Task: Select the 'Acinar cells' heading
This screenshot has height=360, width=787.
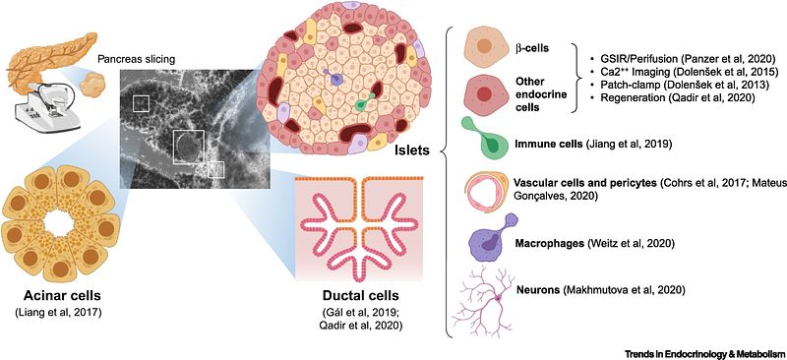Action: coord(58,298)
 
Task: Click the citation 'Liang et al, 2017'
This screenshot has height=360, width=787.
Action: coord(58,314)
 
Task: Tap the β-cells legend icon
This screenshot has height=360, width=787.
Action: coord(484,46)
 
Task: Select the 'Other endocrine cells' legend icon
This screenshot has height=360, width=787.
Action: coord(484,93)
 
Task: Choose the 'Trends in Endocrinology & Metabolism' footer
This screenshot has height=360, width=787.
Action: coord(704,354)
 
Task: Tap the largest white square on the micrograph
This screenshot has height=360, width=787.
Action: coord(188,148)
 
